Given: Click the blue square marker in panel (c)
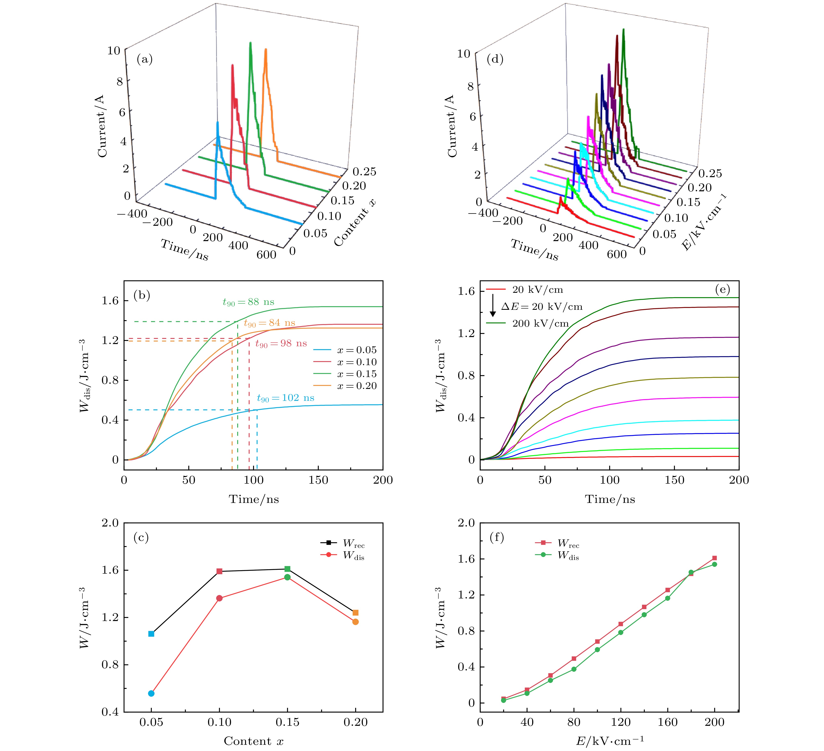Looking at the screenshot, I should (151, 634).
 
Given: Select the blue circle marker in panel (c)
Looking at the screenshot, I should (151, 693).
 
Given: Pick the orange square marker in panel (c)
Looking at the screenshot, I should (356, 613).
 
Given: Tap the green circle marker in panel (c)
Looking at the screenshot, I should (287, 577).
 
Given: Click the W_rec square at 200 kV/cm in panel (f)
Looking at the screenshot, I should (714, 558).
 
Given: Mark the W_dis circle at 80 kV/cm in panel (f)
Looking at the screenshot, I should (574, 669).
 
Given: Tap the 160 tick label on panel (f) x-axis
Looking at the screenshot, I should (667, 722).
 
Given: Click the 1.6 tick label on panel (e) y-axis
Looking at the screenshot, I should (466, 291).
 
